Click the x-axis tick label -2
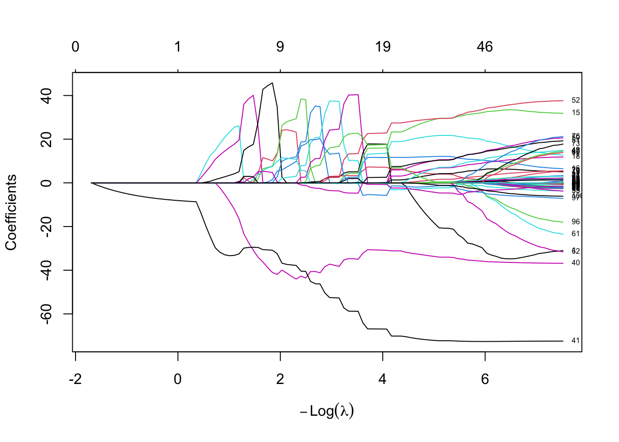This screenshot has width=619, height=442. pyautogui.click(x=75, y=379)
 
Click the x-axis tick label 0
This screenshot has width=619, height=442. pyautogui.click(x=178, y=379)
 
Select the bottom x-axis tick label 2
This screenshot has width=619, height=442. pyautogui.click(x=280, y=379)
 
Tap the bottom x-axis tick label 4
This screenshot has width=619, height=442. pyautogui.click(x=383, y=379)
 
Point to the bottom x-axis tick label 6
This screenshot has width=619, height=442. pyautogui.click(x=485, y=379)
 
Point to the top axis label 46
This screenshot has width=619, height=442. pyautogui.click(x=485, y=47)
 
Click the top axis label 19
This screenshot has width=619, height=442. pyautogui.click(x=383, y=47)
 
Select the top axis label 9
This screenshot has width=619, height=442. pyautogui.click(x=280, y=47)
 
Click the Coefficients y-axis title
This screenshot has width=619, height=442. pyautogui.click(x=11, y=212)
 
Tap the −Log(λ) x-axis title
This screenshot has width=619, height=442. pyautogui.click(x=327, y=411)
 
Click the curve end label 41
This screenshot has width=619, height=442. pyautogui.click(x=575, y=341)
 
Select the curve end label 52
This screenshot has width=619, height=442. pyautogui.click(x=575, y=100)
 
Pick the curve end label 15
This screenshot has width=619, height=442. pyautogui.click(x=575, y=113)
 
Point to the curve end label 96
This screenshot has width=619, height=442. pyautogui.click(x=575, y=222)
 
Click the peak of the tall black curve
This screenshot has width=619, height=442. pyautogui.click(x=273, y=83)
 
